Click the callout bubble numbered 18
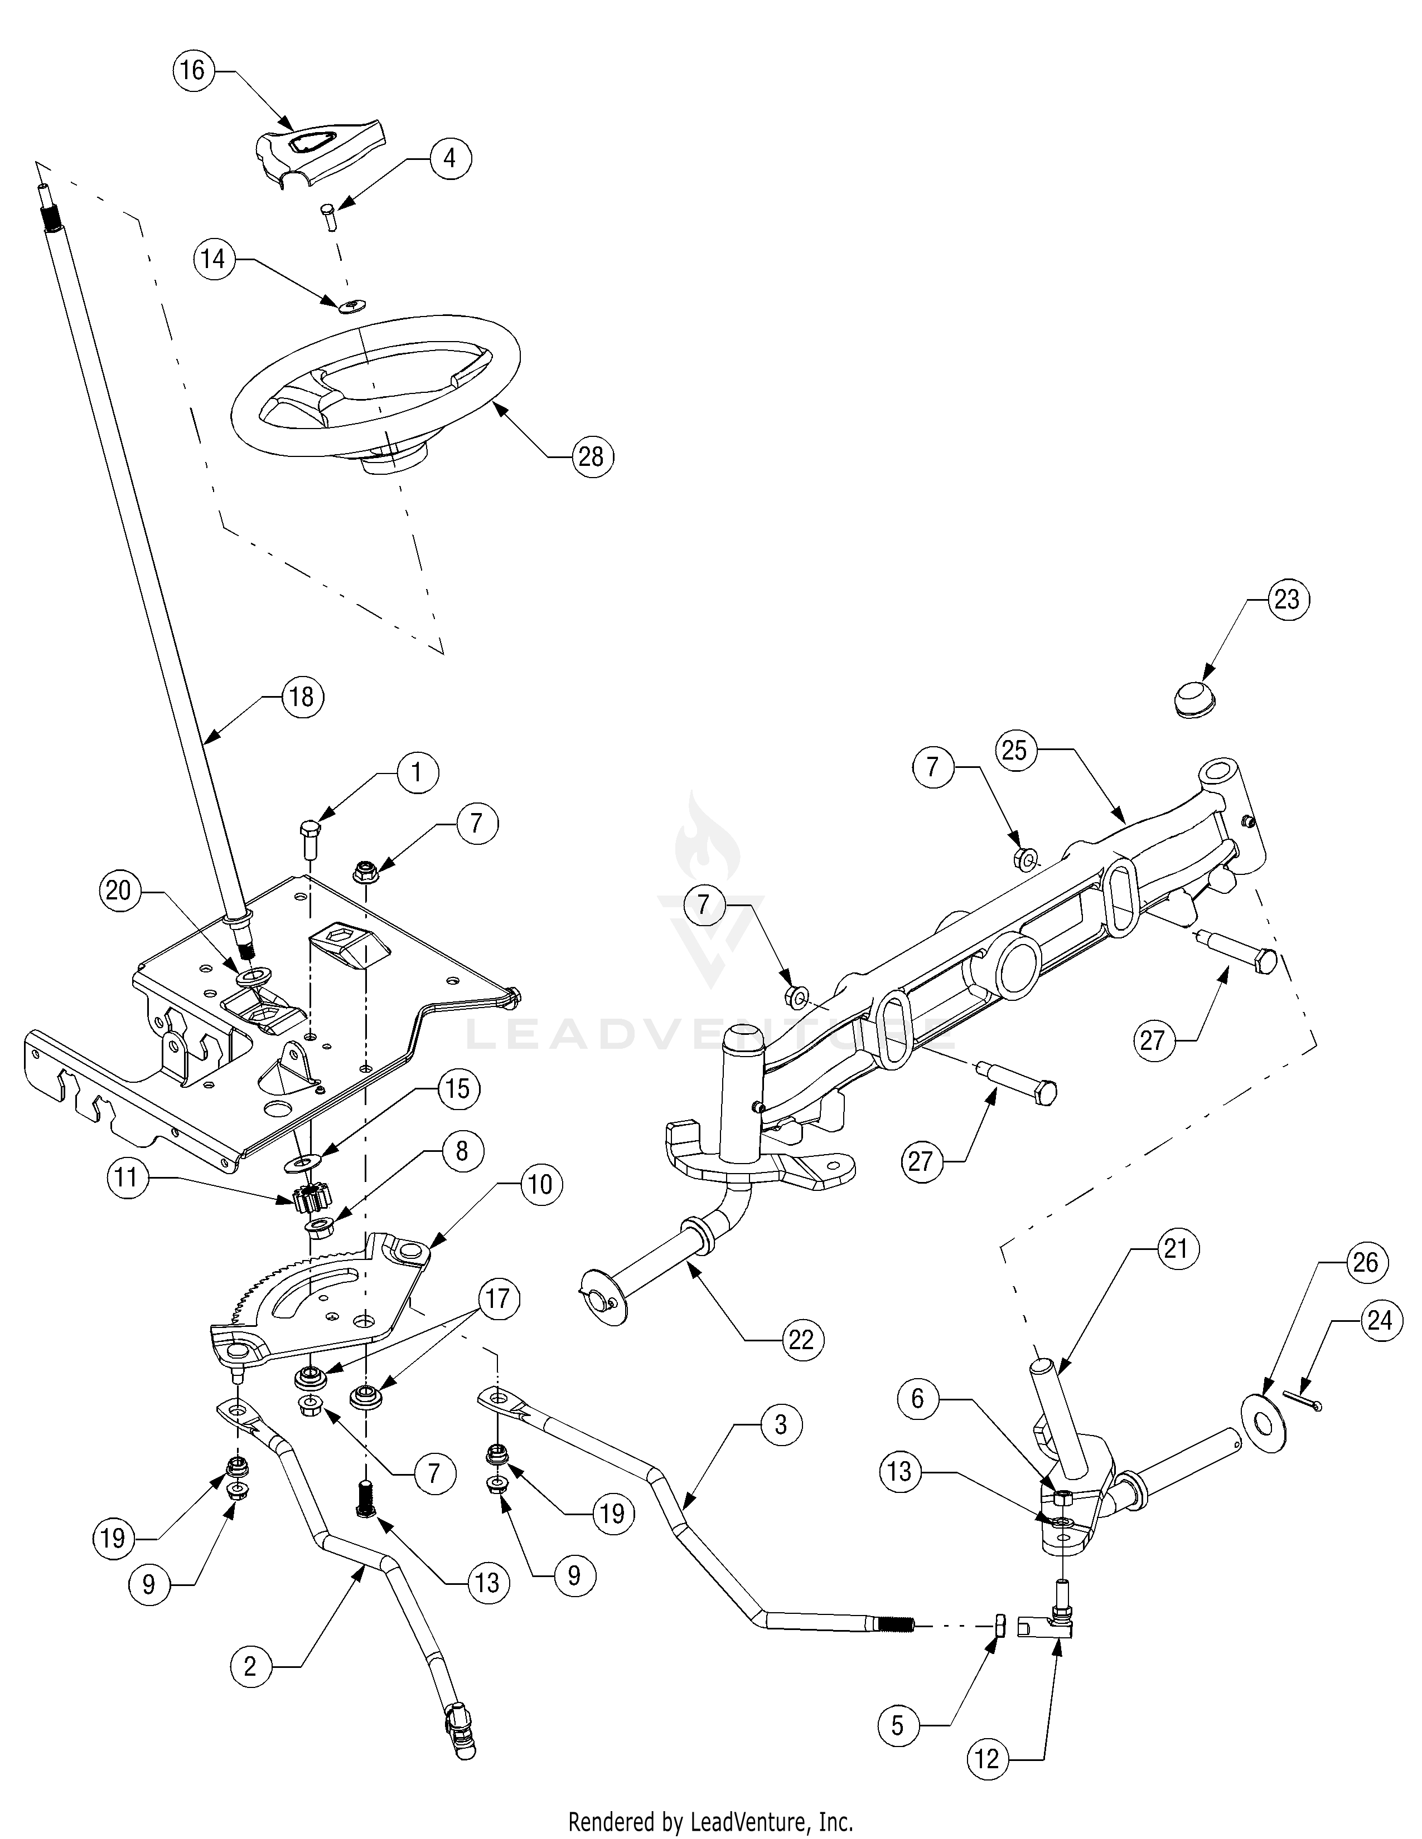coord(301,697)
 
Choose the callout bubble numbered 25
coord(1015,750)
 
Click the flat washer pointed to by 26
coord(1264,1423)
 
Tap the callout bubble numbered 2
coord(250,1666)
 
